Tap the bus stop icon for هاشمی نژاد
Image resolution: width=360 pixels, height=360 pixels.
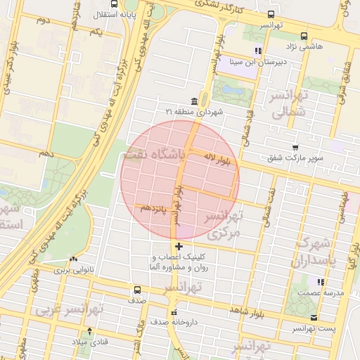tap(304, 35)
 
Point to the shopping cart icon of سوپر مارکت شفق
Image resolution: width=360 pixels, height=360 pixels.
tap(295, 148)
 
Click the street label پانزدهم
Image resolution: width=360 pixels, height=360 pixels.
tap(155, 208)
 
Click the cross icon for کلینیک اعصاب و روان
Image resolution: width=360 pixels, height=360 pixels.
tap(179, 246)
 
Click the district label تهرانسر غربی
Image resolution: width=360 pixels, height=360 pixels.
tap(71, 309)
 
